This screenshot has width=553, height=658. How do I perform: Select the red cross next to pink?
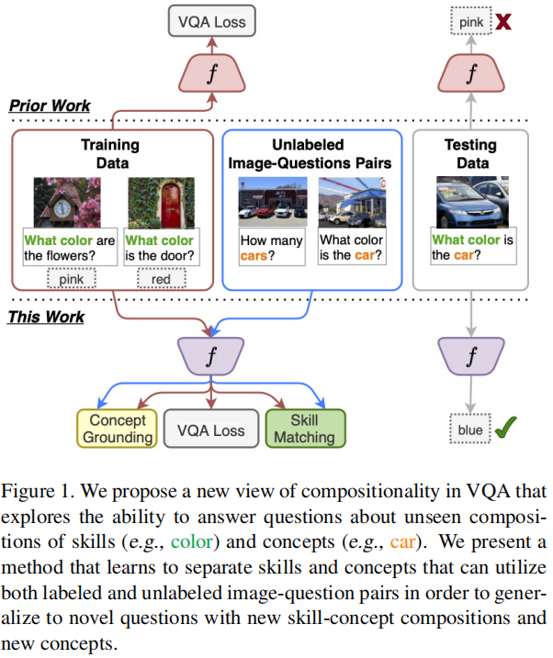(x=504, y=20)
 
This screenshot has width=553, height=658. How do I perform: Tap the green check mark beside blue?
(x=505, y=427)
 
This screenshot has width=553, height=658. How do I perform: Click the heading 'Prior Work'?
(x=50, y=106)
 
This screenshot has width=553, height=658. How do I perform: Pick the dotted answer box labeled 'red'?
(x=161, y=276)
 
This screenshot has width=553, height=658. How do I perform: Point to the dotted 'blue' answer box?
(x=468, y=429)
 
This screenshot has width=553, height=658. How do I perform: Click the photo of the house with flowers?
(x=67, y=202)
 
